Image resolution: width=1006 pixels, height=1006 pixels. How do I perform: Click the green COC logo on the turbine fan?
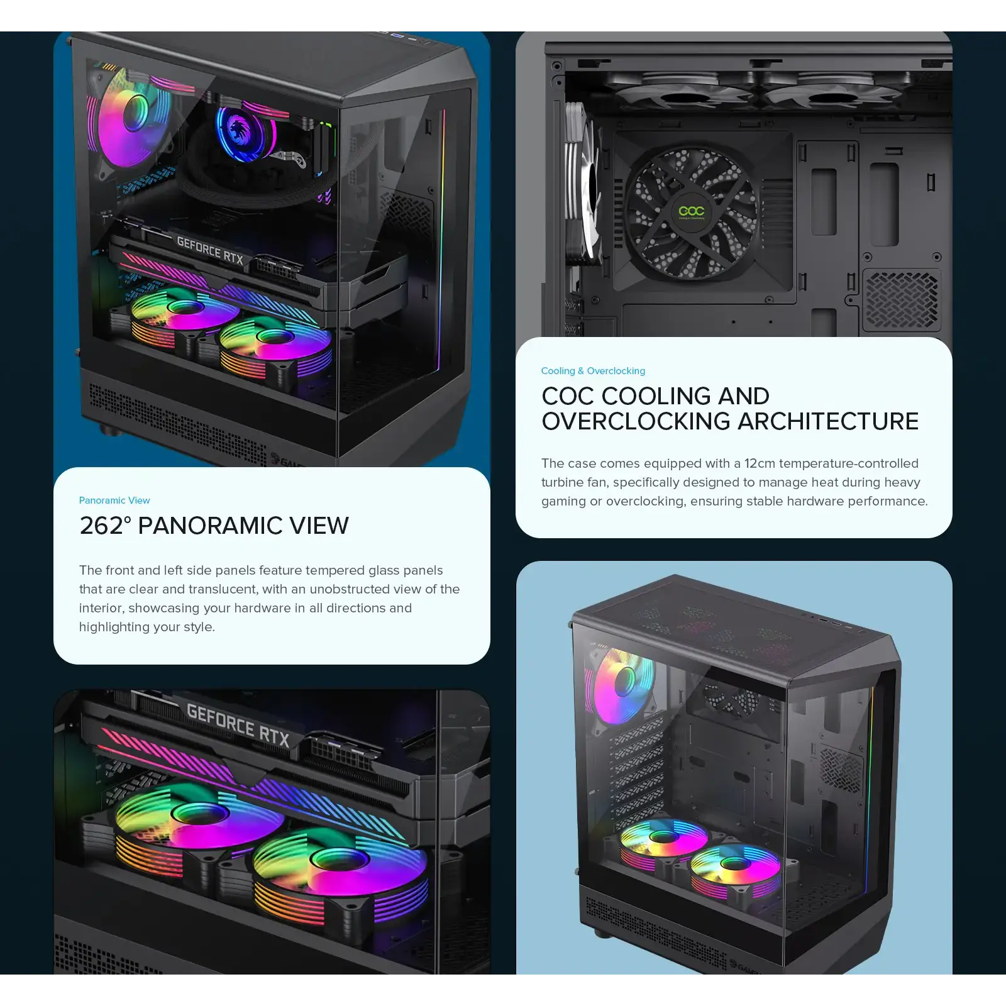(692, 211)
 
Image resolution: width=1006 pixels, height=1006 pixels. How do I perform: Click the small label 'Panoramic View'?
(114, 500)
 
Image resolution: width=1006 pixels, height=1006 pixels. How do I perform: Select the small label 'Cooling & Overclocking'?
(593, 371)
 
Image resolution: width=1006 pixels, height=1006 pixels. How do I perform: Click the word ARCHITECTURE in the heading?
(828, 421)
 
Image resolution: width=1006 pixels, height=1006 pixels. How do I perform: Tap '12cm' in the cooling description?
(760, 463)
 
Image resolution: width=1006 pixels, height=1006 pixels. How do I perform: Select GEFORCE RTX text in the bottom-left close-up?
(238, 724)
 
